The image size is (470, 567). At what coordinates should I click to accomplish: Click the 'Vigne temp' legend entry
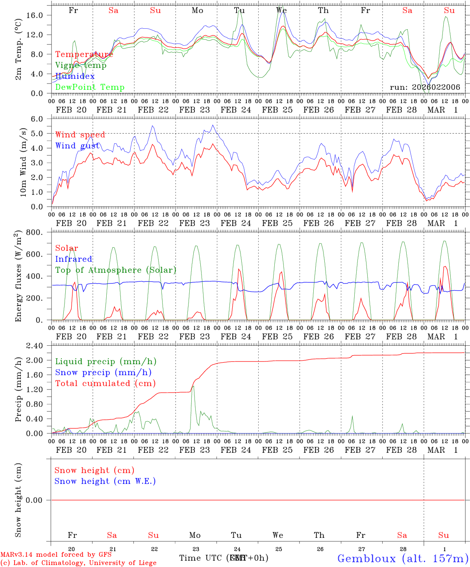[81, 65]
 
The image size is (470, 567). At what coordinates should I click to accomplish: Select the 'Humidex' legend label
[75, 76]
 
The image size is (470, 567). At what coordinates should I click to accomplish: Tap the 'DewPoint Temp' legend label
[90, 87]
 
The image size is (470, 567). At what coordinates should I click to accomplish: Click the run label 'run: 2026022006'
[425, 87]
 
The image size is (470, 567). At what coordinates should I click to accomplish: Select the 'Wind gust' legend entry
[78, 146]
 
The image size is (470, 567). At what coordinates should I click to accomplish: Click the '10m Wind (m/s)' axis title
[23, 163]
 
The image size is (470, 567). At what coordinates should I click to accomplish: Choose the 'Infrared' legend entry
[74, 259]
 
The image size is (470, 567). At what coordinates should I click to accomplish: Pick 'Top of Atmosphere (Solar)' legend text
[116, 270]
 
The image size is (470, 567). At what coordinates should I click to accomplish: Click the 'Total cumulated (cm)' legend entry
[105, 384]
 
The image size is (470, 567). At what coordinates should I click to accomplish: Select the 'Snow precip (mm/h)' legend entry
[103, 372]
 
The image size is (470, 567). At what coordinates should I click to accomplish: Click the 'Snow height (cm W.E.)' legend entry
[105, 481]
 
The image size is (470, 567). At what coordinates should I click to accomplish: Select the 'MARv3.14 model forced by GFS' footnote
[56, 555]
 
